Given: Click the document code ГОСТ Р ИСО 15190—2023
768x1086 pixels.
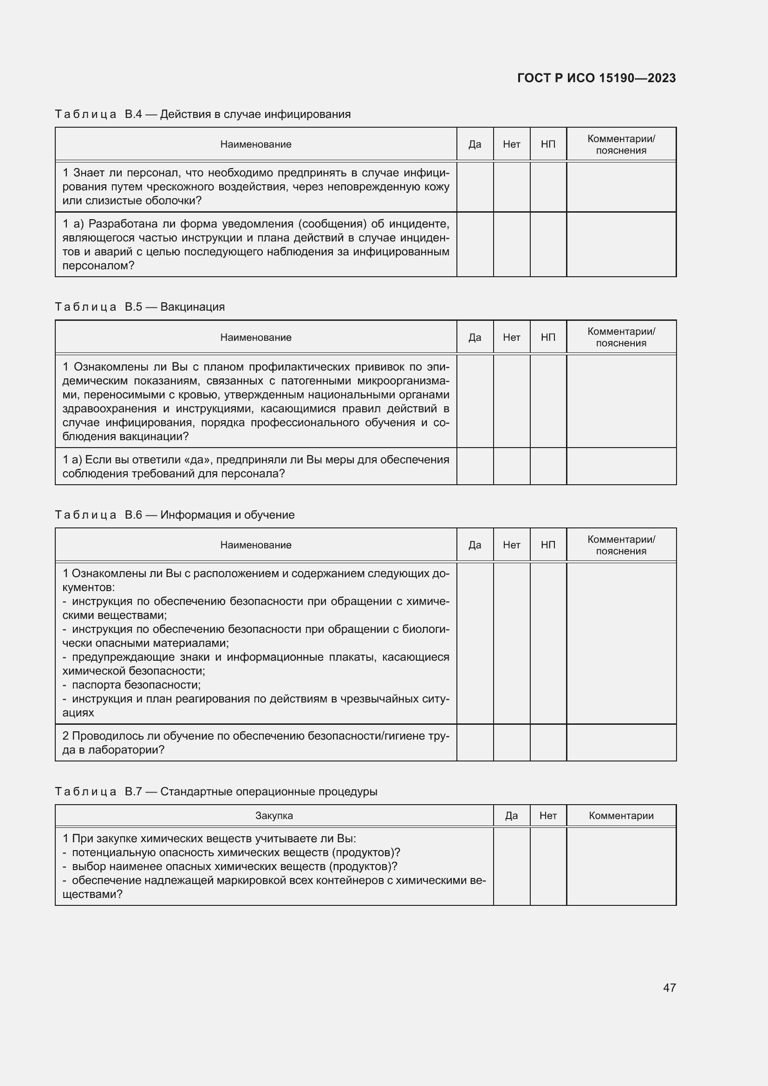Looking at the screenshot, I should point(596,78).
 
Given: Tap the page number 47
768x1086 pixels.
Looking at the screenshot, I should point(669,988).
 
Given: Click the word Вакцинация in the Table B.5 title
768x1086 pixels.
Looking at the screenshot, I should point(192,307).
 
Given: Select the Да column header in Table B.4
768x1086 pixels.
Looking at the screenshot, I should point(475,144).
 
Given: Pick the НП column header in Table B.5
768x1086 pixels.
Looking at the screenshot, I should point(547,337).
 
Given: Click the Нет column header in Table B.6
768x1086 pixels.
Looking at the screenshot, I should point(511,545).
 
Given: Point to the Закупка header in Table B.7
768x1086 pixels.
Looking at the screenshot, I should point(274,815).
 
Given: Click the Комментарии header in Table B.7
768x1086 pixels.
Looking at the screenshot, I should point(621,815).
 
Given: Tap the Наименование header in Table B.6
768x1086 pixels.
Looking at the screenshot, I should point(255,545).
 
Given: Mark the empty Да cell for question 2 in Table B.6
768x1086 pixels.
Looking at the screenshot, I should point(475,742).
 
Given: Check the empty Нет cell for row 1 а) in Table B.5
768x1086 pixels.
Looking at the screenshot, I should point(511,466).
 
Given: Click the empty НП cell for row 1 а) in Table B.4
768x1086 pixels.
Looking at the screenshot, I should point(547,245).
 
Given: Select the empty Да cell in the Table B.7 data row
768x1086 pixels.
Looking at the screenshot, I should point(511,866).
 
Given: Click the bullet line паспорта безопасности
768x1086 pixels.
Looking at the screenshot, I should point(136,685).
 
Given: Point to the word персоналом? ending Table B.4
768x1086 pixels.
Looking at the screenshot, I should point(98,266).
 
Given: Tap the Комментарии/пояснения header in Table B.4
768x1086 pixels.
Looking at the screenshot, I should point(621,144).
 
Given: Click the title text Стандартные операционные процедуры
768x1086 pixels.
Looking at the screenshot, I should point(268,792).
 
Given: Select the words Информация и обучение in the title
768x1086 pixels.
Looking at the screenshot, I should point(227,515).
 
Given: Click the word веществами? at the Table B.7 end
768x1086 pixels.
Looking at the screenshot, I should point(92,894).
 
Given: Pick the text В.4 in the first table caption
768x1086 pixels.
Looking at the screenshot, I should point(133,114).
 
